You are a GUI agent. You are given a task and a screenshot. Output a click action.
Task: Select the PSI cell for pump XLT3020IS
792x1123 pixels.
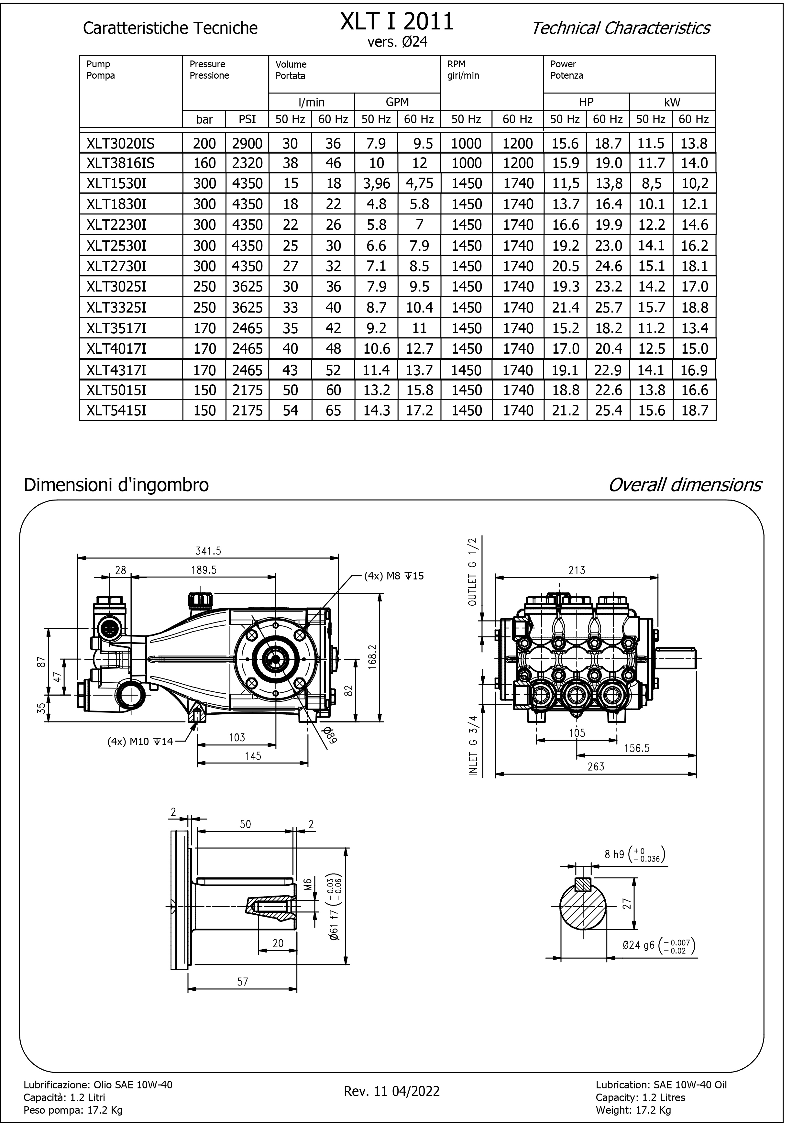(x=247, y=143)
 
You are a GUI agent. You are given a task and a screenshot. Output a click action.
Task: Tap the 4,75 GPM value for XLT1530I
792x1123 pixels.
(x=419, y=183)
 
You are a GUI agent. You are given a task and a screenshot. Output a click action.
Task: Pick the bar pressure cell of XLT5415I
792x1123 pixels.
(x=204, y=410)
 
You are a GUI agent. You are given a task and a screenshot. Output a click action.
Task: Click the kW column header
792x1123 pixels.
(x=672, y=102)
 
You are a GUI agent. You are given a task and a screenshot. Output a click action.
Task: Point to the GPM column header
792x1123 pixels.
(x=397, y=102)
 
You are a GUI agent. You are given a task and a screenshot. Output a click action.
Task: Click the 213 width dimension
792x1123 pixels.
(x=577, y=570)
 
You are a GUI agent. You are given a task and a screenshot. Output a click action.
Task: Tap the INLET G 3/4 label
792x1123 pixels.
(x=473, y=745)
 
